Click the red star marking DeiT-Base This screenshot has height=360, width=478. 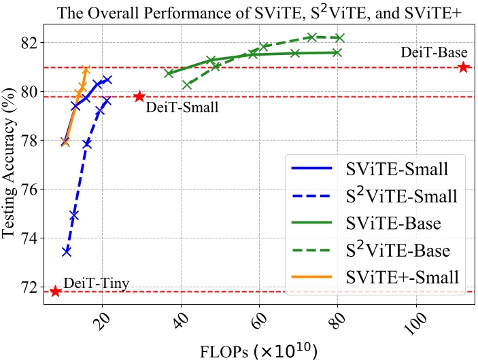pyautogui.click(x=463, y=67)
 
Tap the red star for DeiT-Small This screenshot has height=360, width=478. pyautogui.click(x=139, y=96)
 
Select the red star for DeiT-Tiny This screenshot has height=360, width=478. pyautogui.click(x=56, y=291)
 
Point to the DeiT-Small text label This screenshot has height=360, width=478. pyautogui.click(x=178, y=106)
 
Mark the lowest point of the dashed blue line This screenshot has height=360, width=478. pyautogui.click(x=67, y=251)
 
